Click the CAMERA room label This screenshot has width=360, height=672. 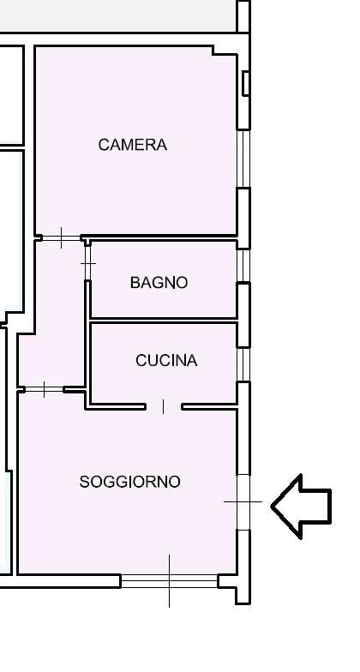click(x=133, y=145)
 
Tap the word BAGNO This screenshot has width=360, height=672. click(x=159, y=282)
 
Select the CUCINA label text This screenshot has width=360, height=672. click(x=166, y=361)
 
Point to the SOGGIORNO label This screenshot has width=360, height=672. click(x=130, y=482)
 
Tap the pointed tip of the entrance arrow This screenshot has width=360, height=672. click(x=273, y=507)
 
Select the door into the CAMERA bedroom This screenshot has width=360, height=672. click(x=62, y=237)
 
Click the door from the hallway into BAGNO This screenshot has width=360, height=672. click(x=87, y=261)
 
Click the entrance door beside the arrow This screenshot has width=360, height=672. click(x=243, y=501)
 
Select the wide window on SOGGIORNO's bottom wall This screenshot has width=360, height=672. click(x=169, y=581)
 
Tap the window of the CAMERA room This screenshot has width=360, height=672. click(x=243, y=159)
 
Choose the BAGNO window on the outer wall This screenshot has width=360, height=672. click(x=243, y=265)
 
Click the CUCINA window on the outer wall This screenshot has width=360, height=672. click(x=243, y=363)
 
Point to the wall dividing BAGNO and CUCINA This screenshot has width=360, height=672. click(x=163, y=320)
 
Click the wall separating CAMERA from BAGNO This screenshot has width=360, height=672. click(x=163, y=237)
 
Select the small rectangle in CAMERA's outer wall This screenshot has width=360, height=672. click(x=246, y=84)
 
